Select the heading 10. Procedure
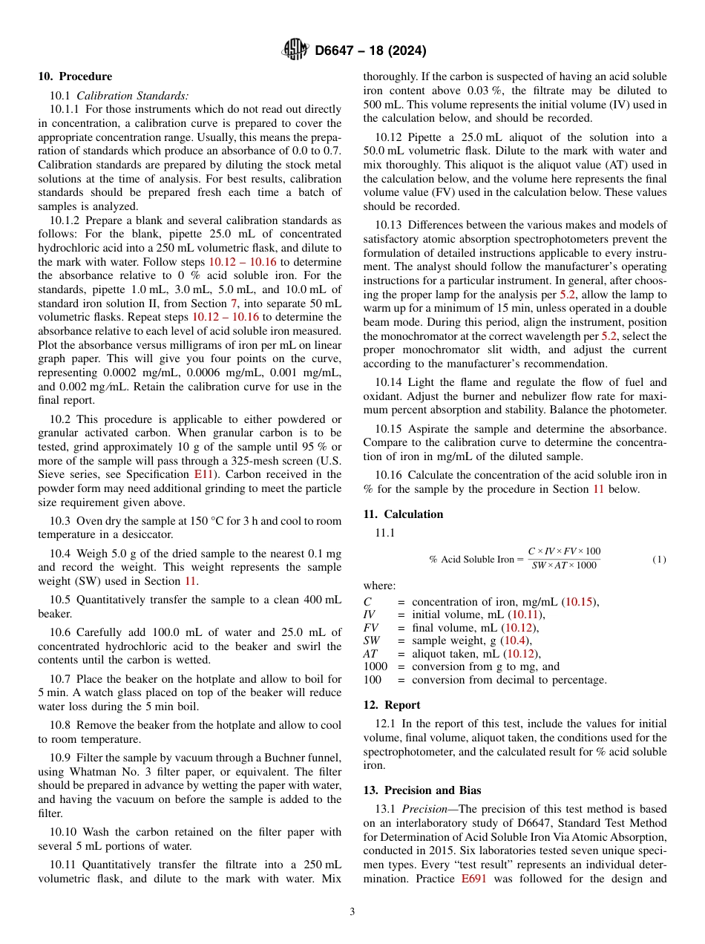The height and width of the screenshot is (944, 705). coord(75,76)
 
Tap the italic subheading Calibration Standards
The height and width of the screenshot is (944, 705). coord(132,96)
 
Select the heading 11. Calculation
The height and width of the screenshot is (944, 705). coord(403,514)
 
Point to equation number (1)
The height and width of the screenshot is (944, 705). coord(659,559)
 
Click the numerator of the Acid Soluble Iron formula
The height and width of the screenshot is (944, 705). coord(564,551)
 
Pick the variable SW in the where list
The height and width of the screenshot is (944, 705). coord(372,640)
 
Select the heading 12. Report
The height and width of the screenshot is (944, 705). coord(392,705)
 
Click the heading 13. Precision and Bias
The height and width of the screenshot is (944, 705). coord(422,790)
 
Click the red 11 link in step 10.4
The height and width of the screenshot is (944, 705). coord(190,580)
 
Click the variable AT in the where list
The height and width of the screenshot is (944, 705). coord(370,654)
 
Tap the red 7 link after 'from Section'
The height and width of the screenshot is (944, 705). coord(234,303)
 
